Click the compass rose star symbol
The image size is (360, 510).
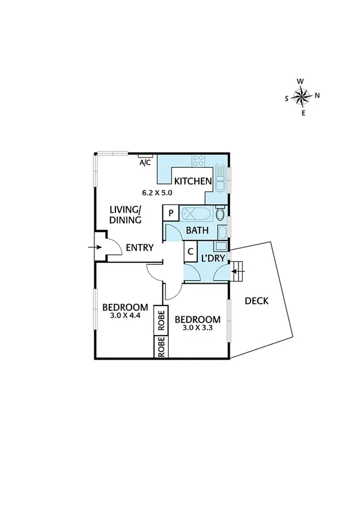(302, 95)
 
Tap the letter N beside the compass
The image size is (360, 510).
(317, 95)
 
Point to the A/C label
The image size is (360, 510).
(145, 162)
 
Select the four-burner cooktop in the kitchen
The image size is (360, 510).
(198, 161)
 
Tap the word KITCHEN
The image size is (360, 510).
(192, 181)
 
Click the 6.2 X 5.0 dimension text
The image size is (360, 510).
(157, 193)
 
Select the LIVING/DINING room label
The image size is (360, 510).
(126, 215)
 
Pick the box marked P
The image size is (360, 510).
(171, 214)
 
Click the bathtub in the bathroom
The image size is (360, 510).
(195, 214)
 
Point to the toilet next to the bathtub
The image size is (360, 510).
(221, 214)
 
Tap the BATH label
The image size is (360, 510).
(197, 230)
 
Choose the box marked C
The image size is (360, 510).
(190, 251)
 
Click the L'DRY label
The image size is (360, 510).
(213, 259)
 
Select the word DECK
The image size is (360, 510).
(257, 301)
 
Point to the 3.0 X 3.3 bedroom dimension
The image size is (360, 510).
(198, 328)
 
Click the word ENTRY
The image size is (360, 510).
(139, 247)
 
